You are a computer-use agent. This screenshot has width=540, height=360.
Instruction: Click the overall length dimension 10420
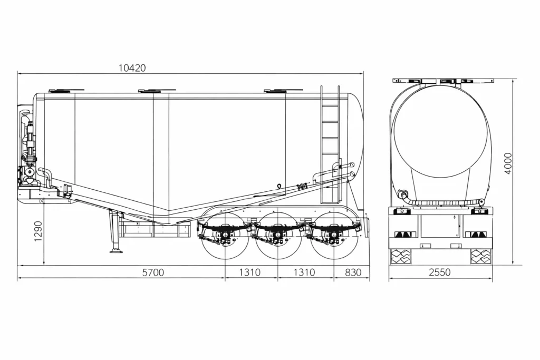point(132,67)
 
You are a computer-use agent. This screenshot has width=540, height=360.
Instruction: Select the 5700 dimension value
point(153,273)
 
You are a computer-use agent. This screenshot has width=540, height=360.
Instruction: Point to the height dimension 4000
point(508,164)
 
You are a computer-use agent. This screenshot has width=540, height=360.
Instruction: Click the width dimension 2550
point(439,273)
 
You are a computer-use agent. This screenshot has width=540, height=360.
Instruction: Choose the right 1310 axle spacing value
point(304,273)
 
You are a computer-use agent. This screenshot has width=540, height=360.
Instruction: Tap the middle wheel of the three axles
point(278,236)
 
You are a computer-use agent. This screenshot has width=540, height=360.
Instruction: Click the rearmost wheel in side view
point(333,236)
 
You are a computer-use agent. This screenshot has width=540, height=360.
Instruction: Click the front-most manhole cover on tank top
point(66,91)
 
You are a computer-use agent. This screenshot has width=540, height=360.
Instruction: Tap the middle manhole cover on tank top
point(157,91)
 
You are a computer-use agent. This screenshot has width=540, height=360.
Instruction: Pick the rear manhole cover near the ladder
point(283,91)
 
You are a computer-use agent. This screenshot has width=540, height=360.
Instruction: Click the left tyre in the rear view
point(400,256)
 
